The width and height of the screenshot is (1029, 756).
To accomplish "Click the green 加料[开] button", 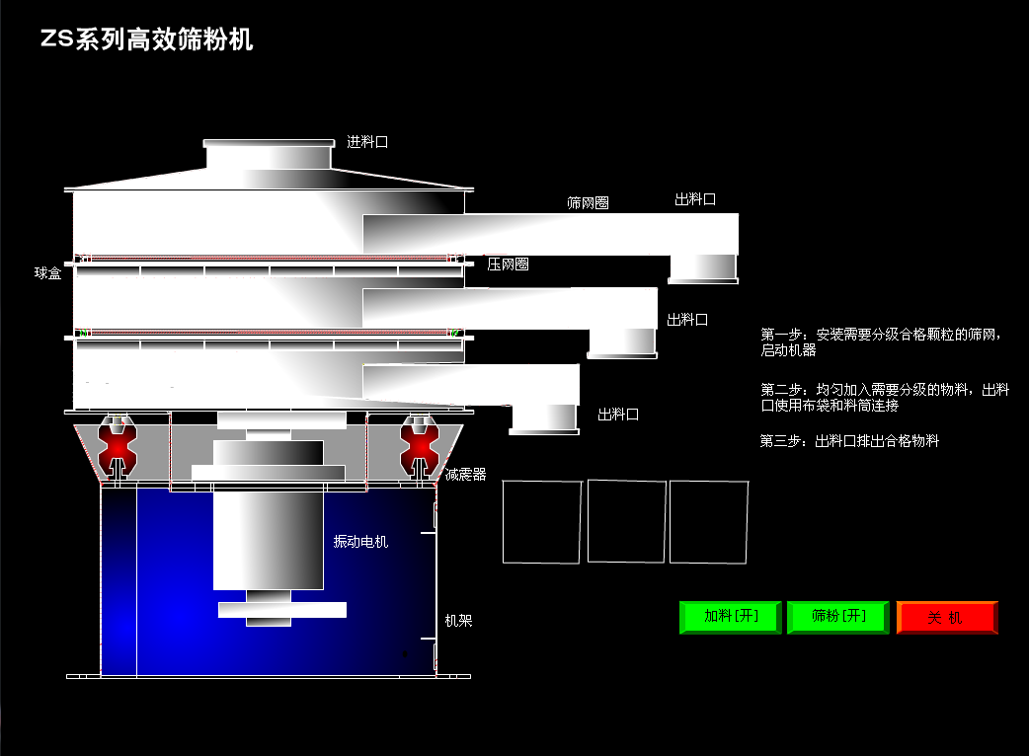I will tap(730, 617).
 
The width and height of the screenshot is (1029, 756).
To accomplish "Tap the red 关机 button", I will tap(946, 618).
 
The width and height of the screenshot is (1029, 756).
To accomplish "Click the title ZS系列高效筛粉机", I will tap(146, 39).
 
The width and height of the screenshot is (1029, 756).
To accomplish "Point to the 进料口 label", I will tap(367, 142).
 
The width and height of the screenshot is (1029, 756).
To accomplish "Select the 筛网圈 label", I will tap(588, 203).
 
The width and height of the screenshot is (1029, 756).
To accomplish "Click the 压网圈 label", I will tap(508, 265).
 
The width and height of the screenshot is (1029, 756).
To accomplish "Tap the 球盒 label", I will tap(48, 273).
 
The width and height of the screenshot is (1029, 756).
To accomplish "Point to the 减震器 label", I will tap(466, 475).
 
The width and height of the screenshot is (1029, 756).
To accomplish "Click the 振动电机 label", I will tap(360, 542).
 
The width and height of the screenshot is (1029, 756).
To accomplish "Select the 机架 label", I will tap(458, 621).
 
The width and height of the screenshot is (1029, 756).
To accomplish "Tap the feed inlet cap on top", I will tap(268, 156).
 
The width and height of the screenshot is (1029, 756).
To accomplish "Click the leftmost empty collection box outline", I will tap(541, 521).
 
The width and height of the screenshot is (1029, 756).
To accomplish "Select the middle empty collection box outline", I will tap(626, 521).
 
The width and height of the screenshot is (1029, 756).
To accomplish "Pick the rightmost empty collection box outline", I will tap(708, 521).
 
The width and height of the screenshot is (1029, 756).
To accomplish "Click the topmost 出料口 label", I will tap(695, 199).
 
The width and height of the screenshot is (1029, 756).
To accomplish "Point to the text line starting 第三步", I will tap(848, 441).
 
